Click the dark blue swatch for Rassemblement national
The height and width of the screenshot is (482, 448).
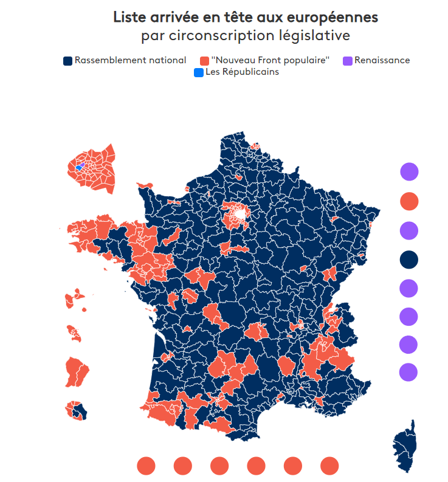pos(68,60)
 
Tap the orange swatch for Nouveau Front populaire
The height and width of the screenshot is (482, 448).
pos(204,60)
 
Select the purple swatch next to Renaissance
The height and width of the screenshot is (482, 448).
pos(348,60)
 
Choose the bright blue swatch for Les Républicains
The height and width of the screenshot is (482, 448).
pos(198,72)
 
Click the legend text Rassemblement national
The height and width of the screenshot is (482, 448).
pos(130,60)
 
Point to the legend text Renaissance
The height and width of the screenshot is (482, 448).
pos(382,60)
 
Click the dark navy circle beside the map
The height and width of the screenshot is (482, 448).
pos(409,260)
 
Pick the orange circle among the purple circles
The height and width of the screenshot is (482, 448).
pos(409,201)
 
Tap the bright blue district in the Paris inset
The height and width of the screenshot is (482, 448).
pos(79,167)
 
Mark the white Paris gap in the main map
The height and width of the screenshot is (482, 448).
pos(242,214)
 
